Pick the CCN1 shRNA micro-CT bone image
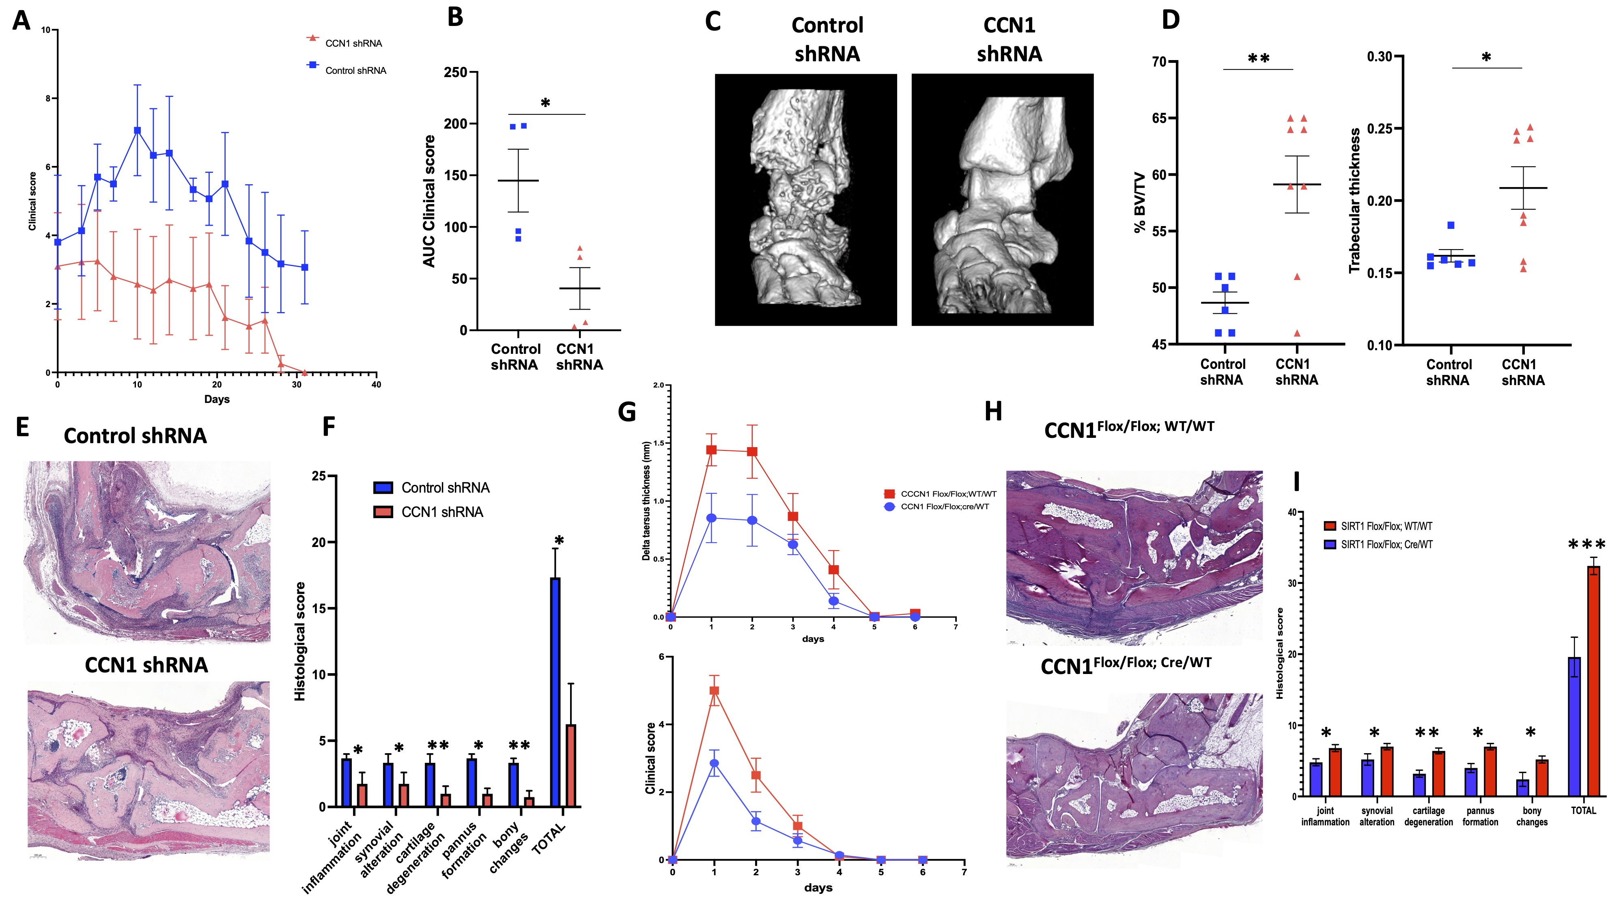[x=1002, y=200]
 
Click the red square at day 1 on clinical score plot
[x=714, y=691]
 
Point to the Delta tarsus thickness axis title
[x=646, y=501]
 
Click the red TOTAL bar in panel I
[x=1593, y=680]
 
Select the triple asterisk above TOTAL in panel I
[x=1586, y=545]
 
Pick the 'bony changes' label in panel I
[x=1532, y=816]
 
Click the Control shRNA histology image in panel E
[x=147, y=552]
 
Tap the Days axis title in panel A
[x=217, y=399]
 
